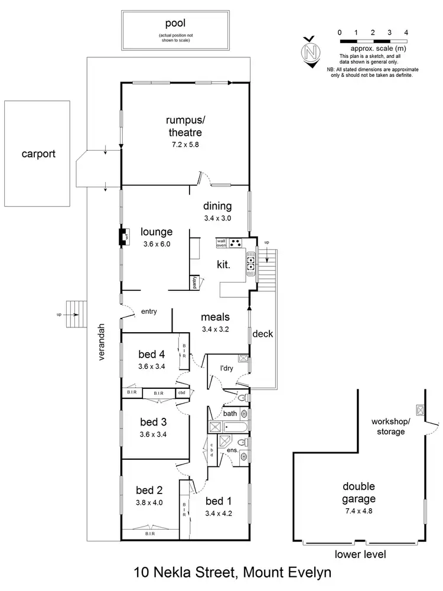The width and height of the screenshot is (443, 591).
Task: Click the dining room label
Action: tap(217, 206)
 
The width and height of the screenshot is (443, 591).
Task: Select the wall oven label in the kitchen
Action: tap(221, 243)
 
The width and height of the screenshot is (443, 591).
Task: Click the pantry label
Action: tap(194, 282)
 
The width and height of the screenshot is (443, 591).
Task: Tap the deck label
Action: tap(262, 334)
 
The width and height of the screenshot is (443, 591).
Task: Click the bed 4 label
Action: tap(151, 355)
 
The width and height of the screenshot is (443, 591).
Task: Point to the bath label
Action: tap(230, 413)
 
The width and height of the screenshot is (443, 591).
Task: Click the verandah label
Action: tap(102, 342)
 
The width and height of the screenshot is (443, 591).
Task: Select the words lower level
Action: tap(360, 554)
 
